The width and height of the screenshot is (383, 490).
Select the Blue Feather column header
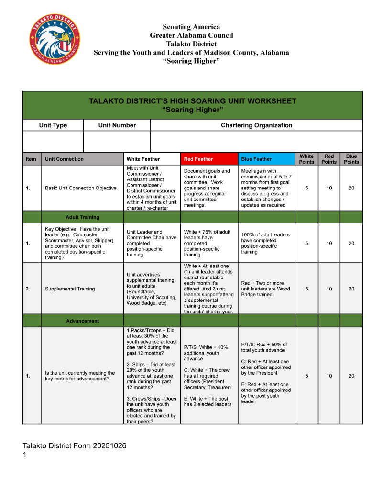pos(256,159)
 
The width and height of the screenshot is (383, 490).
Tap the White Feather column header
pos(143,159)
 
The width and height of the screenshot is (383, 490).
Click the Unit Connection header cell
pos(64,159)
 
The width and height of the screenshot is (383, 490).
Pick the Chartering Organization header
pos(256,125)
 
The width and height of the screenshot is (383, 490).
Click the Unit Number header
pos(117,125)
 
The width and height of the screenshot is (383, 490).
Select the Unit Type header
pos(53,125)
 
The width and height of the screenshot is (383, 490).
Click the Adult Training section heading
pos(82,217)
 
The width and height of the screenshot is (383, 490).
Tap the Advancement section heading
pos(82,321)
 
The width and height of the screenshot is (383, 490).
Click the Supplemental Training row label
pos(70,289)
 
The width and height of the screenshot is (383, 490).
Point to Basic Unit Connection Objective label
pos(80,188)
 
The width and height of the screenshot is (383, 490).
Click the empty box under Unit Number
pos(117,142)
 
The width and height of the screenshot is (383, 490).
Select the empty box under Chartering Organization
pos(256,142)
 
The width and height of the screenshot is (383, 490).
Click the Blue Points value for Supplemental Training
pos(351,289)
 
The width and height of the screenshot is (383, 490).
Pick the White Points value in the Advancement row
pos(306,376)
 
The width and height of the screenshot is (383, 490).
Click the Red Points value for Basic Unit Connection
pos(329,188)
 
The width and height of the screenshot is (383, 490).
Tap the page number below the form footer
pos(25,455)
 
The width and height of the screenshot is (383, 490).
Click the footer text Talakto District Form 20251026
pos(75,445)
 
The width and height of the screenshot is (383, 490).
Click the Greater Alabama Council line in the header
pos(191,35)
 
